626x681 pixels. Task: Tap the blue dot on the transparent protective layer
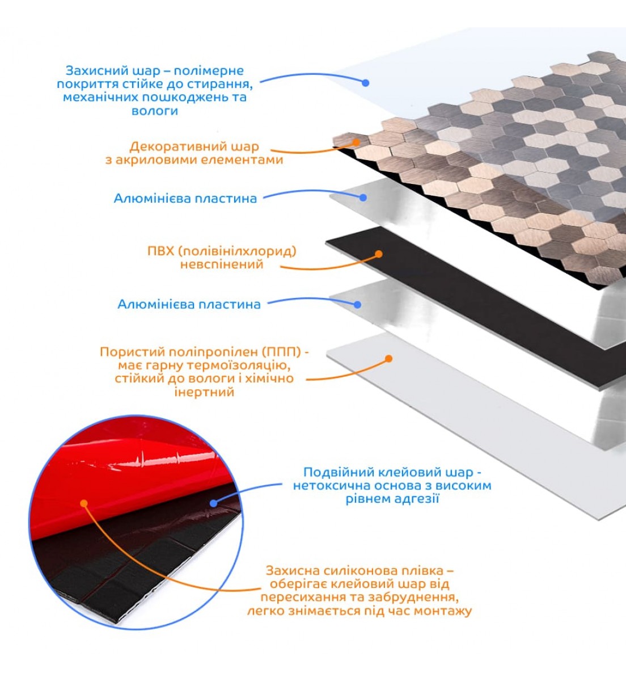pos(365,83)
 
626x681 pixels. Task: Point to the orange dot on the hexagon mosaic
pos(356,142)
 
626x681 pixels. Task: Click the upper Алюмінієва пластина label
pos(185,199)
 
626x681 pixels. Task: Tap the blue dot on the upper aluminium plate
pos(363,197)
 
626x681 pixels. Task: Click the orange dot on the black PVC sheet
pos(379,254)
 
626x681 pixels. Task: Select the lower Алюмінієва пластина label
pos(189,305)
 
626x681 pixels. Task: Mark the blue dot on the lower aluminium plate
pos(357,305)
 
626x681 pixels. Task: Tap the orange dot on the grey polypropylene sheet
pos(389,359)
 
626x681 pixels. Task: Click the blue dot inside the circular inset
pos(213,503)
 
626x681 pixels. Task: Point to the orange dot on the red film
pos(84,503)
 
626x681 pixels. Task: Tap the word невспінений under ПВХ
pos(222,264)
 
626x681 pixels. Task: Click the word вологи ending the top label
pos(155,111)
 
